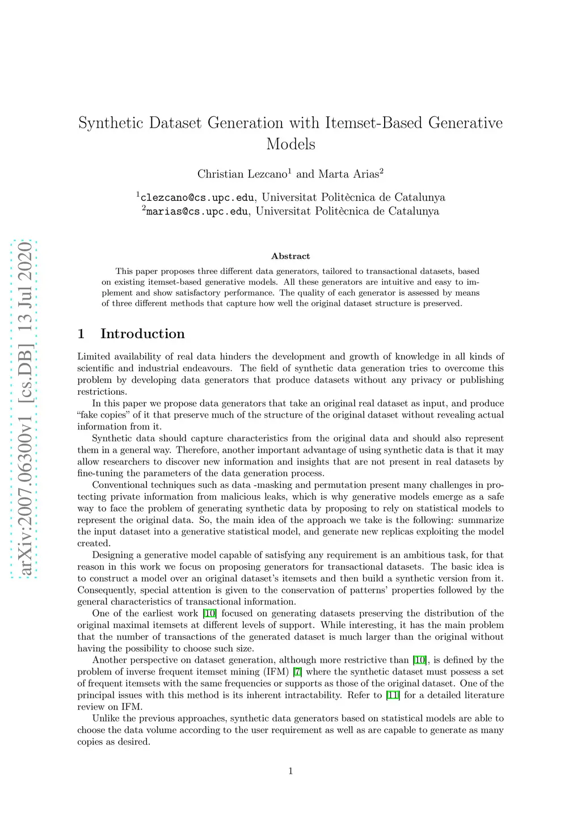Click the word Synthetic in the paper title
point(111,123)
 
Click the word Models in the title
point(290,144)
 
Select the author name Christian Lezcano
point(242,174)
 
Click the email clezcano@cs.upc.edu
point(197,198)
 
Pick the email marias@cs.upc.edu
point(197,212)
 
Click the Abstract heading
point(290,256)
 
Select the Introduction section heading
point(142,334)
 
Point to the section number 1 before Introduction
point(81,334)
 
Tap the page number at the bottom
point(290,770)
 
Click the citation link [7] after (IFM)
point(297,672)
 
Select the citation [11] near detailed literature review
point(393,695)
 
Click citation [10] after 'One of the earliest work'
point(209,614)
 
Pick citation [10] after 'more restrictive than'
point(419,660)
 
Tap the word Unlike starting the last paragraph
point(106,719)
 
